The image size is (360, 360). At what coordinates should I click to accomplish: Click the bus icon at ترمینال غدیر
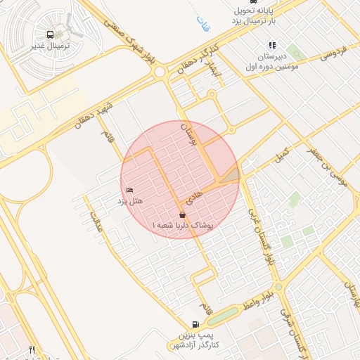tap(51, 34)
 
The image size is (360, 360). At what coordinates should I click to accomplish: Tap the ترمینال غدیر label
tap(51, 46)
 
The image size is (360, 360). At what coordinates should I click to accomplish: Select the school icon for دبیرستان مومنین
tap(272, 46)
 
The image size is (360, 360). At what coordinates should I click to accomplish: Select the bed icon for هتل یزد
tap(129, 191)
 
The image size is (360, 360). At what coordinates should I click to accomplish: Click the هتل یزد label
tap(129, 201)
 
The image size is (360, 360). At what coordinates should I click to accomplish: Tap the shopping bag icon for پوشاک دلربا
tap(182, 214)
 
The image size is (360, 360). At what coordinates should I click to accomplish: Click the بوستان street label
tap(187, 134)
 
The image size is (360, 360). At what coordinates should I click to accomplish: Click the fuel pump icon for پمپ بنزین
tap(195, 325)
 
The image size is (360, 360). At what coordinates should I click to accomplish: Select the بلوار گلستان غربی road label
tap(259, 239)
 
